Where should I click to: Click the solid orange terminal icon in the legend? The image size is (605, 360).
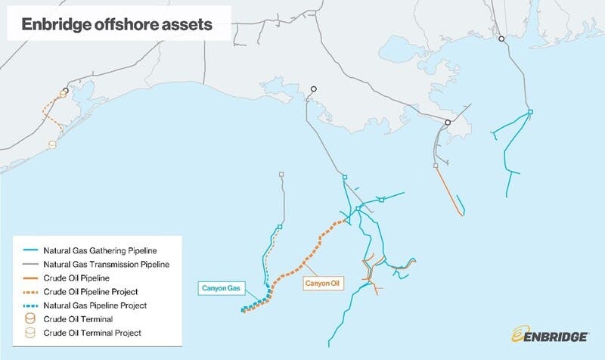click(29, 318)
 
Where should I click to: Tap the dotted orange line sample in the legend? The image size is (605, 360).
click(30, 291)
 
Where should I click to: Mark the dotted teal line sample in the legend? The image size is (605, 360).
click(30, 305)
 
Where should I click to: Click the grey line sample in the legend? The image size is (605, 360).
click(30, 264)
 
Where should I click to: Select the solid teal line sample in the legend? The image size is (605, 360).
click(30, 250)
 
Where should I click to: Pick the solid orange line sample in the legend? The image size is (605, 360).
click(30, 278)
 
